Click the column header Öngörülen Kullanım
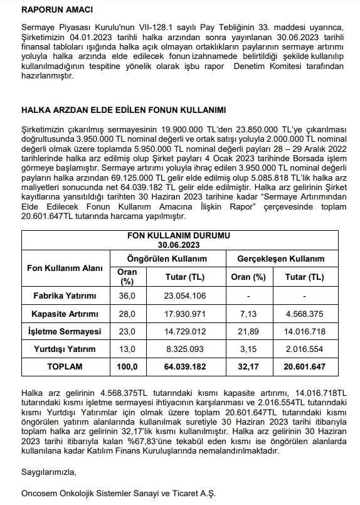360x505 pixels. pyautogui.click(x=167, y=258)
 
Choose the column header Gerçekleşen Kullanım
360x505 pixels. pyautogui.click(x=280, y=258)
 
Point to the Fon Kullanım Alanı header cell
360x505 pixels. pyautogui.click(x=65, y=267)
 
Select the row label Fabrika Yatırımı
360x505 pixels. pyautogui.click(x=65, y=295)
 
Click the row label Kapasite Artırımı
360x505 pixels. pyautogui.click(x=65, y=313)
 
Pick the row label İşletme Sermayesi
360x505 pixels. pyautogui.click(x=65, y=331)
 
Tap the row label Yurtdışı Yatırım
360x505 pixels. pyautogui.click(x=65, y=349)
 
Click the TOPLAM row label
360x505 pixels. pyautogui.click(x=65, y=366)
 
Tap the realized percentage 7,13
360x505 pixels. pyautogui.click(x=248, y=313)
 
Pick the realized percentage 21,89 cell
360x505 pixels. pyautogui.click(x=248, y=331)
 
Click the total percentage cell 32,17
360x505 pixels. pyautogui.click(x=248, y=366)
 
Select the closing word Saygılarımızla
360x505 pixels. pyautogui.click(x=48, y=471)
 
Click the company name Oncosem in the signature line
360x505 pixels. pyautogui.click(x=39, y=494)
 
